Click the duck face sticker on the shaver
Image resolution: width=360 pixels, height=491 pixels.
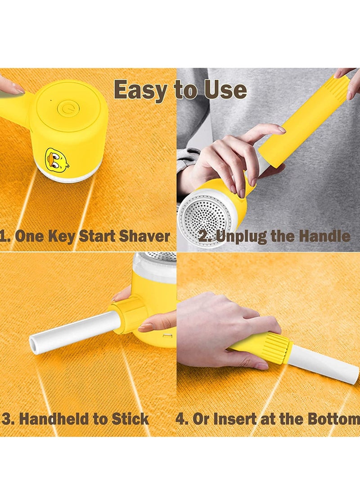click(x=57, y=159)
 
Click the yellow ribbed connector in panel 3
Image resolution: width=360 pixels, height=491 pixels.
click(x=130, y=315)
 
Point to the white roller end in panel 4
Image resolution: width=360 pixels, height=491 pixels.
click(x=328, y=367)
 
